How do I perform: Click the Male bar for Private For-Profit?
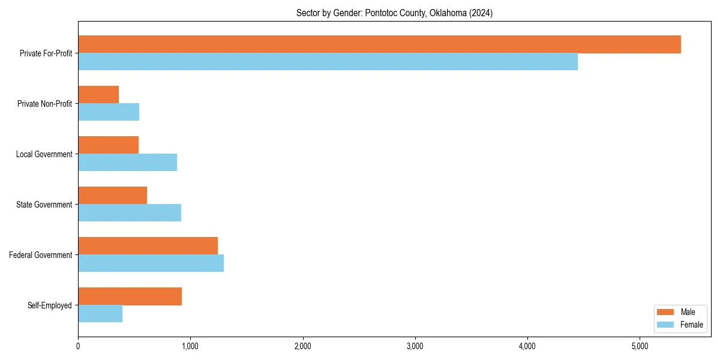click(x=379, y=44)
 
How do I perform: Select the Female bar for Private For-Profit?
click(x=328, y=62)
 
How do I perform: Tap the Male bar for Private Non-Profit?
click(x=98, y=95)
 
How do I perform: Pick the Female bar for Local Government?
click(x=127, y=162)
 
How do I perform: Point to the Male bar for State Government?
click(x=112, y=196)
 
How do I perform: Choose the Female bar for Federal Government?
click(x=151, y=263)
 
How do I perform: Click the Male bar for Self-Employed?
click(x=130, y=296)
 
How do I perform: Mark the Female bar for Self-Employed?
click(x=100, y=313)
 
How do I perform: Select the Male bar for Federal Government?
click(x=148, y=246)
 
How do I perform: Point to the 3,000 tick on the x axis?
click(x=415, y=346)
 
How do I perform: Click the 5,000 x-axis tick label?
click(x=640, y=346)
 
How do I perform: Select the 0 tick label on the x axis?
click(x=78, y=346)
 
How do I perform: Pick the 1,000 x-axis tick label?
click(x=190, y=346)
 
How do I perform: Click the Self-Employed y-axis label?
click(x=50, y=305)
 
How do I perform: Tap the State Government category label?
click(x=44, y=205)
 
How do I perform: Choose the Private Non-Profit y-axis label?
click(x=44, y=104)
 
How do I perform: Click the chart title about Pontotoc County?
click(x=394, y=13)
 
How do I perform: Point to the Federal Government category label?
click(x=41, y=255)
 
